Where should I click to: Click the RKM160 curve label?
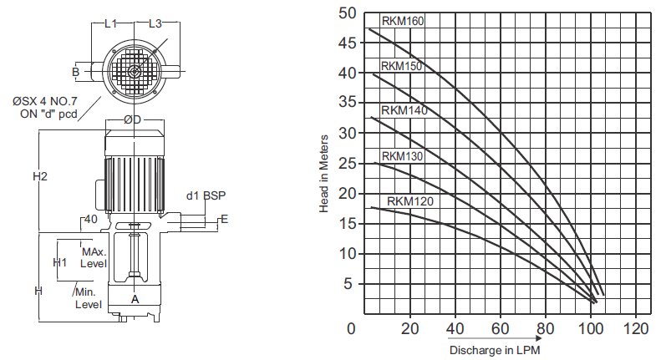403,21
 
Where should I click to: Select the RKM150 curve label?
401,66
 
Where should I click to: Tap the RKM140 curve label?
404,110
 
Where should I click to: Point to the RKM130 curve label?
402,156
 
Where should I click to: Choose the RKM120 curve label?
410,201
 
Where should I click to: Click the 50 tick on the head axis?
348,13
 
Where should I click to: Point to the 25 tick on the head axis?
348,164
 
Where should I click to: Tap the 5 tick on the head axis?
348,284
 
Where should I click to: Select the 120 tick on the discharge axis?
636,328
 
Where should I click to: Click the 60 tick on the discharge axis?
501,328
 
